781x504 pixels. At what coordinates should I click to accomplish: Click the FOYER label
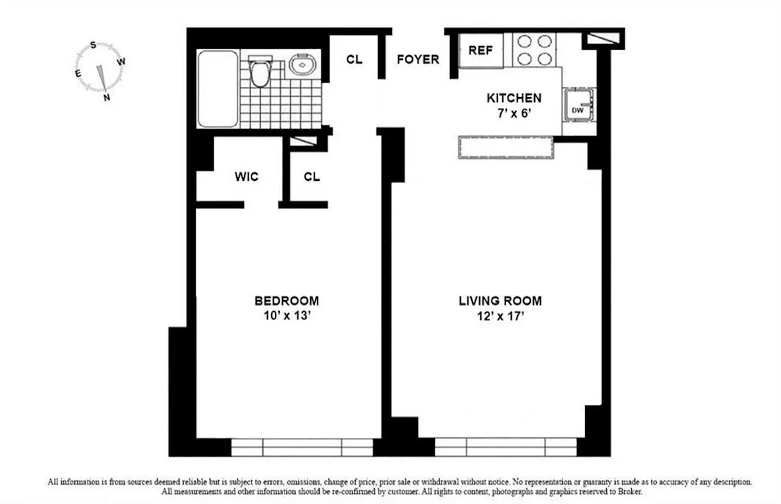tap(417, 60)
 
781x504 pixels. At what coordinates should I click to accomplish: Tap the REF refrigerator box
tap(480, 51)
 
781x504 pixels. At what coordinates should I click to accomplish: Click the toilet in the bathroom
tap(259, 72)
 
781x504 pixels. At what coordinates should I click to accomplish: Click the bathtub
tap(217, 89)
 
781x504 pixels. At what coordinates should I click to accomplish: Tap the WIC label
tap(246, 177)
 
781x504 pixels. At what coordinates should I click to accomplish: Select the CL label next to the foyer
tap(354, 60)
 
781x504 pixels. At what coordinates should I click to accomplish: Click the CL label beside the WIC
tap(311, 177)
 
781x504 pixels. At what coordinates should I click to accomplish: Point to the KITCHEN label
tap(514, 98)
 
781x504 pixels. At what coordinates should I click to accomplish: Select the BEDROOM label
tap(286, 301)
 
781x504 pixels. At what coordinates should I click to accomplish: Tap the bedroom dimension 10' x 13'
tap(286, 316)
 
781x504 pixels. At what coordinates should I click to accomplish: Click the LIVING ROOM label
tap(500, 301)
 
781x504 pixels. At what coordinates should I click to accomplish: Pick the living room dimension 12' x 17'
tap(500, 316)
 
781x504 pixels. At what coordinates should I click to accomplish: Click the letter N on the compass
tap(107, 97)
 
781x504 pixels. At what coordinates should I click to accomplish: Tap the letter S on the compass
tap(93, 45)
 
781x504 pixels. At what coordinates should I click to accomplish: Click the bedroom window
tap(303, 447)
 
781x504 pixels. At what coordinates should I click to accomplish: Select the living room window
tap(506, 447)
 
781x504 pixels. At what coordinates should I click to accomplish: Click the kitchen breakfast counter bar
tap(506, 147)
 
